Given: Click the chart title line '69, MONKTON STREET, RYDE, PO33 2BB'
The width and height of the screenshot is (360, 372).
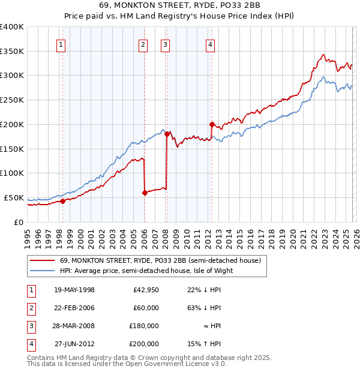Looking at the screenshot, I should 180,5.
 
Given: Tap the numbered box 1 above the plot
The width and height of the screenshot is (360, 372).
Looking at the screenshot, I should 62,43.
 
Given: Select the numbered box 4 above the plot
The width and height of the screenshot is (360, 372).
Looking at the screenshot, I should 211,43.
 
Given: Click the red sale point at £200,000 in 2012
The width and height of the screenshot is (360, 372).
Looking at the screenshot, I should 212,124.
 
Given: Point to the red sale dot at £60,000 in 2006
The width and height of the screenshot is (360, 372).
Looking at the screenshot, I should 145,193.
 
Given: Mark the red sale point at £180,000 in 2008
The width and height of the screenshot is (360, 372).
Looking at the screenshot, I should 167,134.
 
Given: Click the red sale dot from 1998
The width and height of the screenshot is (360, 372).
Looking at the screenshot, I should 62,201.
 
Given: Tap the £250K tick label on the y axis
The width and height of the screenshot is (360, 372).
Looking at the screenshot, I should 12,100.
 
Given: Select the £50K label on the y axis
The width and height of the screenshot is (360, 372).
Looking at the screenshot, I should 14,197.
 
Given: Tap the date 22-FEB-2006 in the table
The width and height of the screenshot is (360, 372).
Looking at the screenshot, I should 74,308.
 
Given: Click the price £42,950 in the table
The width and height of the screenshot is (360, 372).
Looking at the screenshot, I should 146,290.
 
